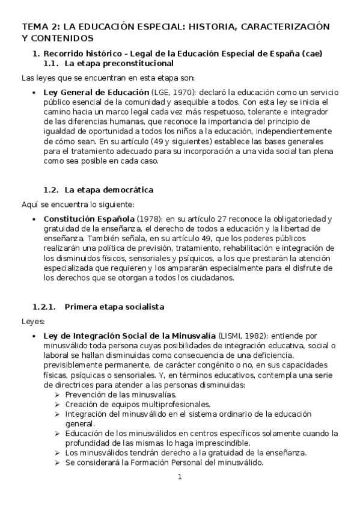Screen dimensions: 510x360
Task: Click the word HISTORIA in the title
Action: [x=215, y=26]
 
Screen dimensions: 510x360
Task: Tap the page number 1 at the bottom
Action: [x=179, y=477]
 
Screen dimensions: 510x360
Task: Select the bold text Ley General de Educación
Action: [x=96, y=92]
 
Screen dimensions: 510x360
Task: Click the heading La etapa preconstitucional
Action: [x=119, y=63]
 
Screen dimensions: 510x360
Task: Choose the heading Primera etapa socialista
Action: [x=114, y=307]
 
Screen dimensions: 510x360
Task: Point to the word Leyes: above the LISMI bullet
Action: [x=29, y=321]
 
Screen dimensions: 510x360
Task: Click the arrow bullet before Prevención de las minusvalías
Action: [x=56, y=395]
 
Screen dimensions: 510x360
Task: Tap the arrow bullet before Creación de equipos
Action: [x=56, y=404]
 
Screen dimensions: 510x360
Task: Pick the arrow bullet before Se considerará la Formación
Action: [x=56, y=462]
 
